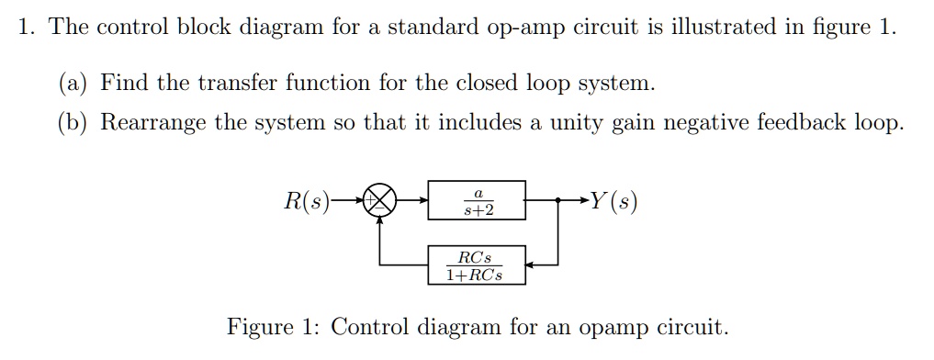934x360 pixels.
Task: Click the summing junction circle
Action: click(378, 199)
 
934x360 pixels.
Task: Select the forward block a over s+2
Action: click(478, 200)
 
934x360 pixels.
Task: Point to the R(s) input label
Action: click(307, 199)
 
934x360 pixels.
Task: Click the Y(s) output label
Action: click(613, 199)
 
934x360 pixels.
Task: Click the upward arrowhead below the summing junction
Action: click(378, 221)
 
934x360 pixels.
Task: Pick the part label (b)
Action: click(73, 122)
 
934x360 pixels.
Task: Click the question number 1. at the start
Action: click(28, 27)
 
